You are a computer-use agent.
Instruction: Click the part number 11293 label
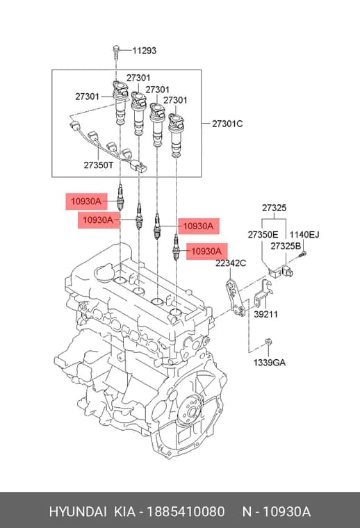tap(144, 51)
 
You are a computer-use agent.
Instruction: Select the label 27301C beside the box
tap(227, 124)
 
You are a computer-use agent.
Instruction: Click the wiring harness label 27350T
tap(99, 165)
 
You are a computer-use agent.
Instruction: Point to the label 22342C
tap(231, 263)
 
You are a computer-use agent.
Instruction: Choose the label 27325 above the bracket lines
tap(274, 208)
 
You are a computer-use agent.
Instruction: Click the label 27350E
tap(263, 235)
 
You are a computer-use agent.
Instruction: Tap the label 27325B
tap(286, 246)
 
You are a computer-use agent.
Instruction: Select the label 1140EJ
tap(304, 235)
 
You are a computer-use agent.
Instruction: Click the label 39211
tap(265, 314)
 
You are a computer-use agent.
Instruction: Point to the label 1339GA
tap(270, 363)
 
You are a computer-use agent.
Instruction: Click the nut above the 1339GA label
tap(268, 342)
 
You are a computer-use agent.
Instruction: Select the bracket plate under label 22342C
tap(236, 297)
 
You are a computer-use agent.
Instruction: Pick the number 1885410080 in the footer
tap(186, 512)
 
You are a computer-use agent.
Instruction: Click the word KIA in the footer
tap(125, 512)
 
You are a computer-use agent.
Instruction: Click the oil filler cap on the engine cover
tap(106, 270)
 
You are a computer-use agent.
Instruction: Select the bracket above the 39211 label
tap(263, 294)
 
